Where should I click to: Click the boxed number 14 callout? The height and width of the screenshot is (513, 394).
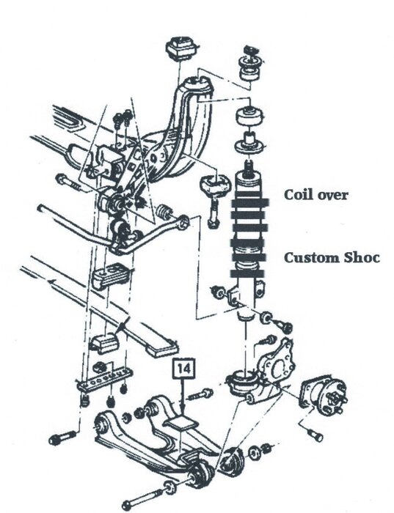[x=184, y=369]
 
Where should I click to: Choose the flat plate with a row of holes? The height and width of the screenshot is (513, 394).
[x=105, y=380]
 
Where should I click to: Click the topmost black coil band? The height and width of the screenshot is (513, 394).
[x=250, y=203]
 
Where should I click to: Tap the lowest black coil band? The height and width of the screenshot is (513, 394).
[x=247, y=273]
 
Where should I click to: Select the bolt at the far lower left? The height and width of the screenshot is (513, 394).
[x=62, y=438]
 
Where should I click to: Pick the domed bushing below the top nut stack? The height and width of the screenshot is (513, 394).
[x=250, y=115]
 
